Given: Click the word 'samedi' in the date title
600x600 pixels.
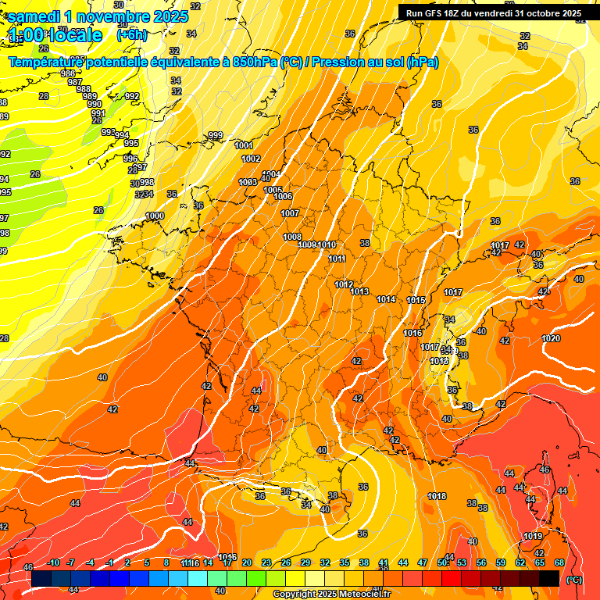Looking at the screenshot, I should [34, 16].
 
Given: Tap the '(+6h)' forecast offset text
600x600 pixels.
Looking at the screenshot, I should [131, 34].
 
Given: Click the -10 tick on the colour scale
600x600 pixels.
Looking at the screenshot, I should [53, 562].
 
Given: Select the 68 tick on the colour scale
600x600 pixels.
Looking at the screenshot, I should [559, 562].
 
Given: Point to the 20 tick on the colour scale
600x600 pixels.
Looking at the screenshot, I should [247, 562].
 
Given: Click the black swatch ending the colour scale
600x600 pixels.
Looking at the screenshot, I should [549, 578].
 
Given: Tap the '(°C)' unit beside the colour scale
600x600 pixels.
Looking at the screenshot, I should [573, 579].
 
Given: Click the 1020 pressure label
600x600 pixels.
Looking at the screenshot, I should [551, 338].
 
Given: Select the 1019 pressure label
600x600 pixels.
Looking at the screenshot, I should [533, 536].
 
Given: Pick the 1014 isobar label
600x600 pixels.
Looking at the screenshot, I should [386, 299].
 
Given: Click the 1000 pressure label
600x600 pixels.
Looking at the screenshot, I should [155, 216].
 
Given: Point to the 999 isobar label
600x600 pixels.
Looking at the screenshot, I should [215, 135].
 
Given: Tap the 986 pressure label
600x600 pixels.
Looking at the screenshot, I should [67, 73].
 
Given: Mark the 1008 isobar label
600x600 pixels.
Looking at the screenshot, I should [292, 237].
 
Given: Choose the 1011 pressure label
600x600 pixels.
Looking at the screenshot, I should [337, 259].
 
